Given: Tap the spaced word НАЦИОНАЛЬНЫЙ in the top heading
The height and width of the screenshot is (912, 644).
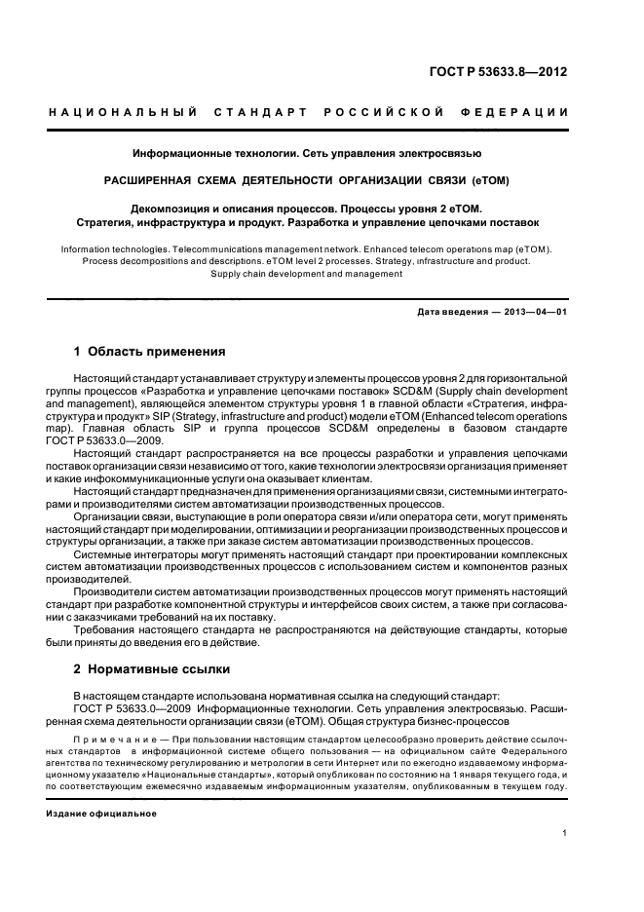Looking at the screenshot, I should (125, 112).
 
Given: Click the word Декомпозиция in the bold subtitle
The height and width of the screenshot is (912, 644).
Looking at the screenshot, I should (170, 209).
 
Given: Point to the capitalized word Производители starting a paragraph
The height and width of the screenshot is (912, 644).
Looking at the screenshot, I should (114, 590).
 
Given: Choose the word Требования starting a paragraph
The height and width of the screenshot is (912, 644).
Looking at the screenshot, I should (106, 631).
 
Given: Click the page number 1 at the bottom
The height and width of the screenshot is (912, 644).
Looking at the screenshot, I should (566, 832).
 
